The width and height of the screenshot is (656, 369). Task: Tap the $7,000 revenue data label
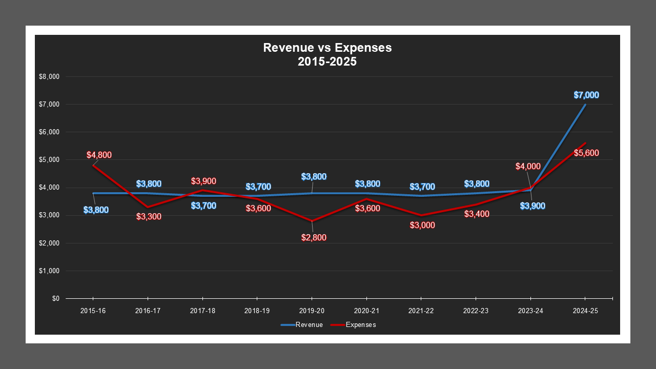586,95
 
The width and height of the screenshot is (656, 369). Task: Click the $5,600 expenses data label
586,153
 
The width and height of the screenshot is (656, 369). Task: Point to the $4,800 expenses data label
99,155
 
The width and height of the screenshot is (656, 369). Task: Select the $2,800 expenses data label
314,237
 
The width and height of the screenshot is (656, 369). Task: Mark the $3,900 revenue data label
532,206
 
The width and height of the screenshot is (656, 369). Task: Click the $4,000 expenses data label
528,166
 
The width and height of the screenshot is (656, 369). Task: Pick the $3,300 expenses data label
149,216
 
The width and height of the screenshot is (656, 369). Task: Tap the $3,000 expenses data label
422,225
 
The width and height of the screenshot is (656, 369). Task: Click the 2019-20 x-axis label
312,311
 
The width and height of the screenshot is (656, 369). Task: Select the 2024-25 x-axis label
585,311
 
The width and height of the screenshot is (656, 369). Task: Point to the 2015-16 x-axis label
93,311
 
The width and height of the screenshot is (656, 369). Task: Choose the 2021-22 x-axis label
421,311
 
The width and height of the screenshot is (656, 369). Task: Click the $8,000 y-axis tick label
49,77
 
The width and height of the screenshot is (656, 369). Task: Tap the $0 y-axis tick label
55,298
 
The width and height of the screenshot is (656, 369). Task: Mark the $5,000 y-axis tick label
49,160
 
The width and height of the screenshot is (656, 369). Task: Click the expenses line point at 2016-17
148,207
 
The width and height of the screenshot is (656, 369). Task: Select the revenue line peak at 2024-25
585,105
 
